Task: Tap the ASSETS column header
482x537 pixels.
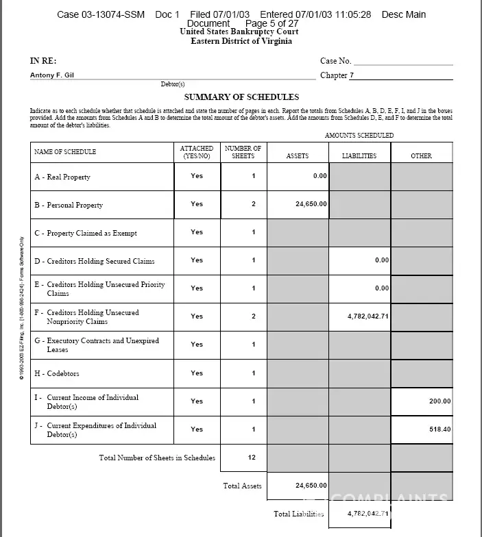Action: point(297,156)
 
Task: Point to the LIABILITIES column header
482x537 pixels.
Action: point(359,156)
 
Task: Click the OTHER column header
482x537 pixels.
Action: point(421,156)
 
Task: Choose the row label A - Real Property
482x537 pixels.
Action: point(62,177)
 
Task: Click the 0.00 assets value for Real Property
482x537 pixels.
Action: point(320,176)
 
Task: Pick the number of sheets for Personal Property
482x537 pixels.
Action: point(254,204)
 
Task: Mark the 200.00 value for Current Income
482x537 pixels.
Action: point(439,401)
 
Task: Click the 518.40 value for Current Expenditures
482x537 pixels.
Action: point(439,429)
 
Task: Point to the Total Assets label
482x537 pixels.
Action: point(241,486)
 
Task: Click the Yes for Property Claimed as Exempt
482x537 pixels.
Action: point(197,232)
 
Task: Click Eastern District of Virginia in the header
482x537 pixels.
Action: point(241,41)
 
